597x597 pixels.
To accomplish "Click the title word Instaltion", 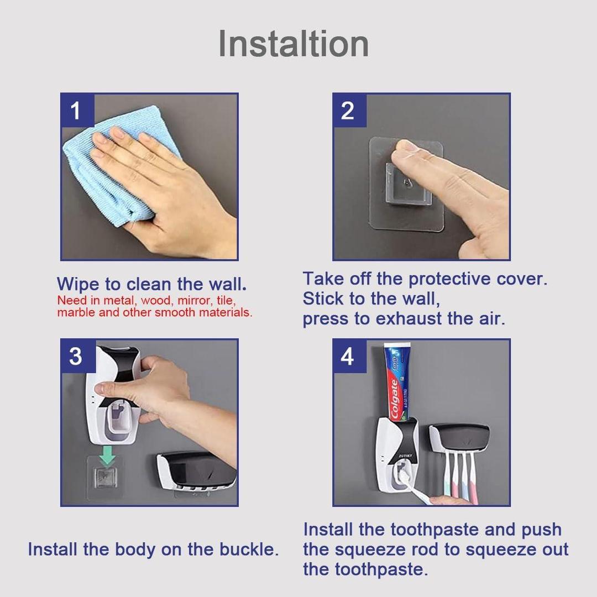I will click(x=294, y=44).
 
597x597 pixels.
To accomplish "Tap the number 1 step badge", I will click(x=76, y=111).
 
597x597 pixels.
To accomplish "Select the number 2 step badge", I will click(x=348, y=111).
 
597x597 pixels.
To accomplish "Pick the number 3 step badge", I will click(x=76, y=357).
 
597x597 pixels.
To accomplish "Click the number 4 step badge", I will click(x=348, y=357).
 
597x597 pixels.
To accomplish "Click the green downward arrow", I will click(x=108, y=455).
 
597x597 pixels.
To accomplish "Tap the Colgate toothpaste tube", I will click(x=397, y=381).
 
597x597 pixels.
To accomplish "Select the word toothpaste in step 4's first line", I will click(x=434, y=530).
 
